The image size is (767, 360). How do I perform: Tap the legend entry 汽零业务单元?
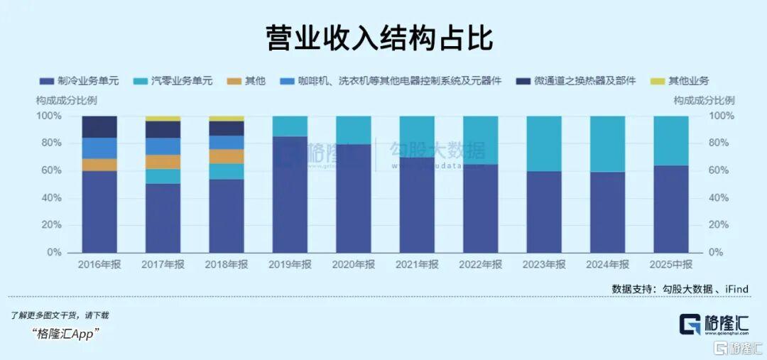[181, 81]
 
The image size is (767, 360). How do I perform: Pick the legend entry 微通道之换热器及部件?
[575, 81]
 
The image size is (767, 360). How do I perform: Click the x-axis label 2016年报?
[99, 264]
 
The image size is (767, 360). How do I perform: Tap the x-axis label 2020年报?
[354, 264]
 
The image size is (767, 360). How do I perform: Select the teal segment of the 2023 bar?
[544, 143]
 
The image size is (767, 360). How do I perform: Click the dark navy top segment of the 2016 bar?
[99, 126]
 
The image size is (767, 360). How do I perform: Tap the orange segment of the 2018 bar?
[227, 156]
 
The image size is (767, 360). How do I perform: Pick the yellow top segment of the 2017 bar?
[163, 119]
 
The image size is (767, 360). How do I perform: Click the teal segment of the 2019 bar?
[290, 126]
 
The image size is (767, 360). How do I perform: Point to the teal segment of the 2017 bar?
[163, 176]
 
